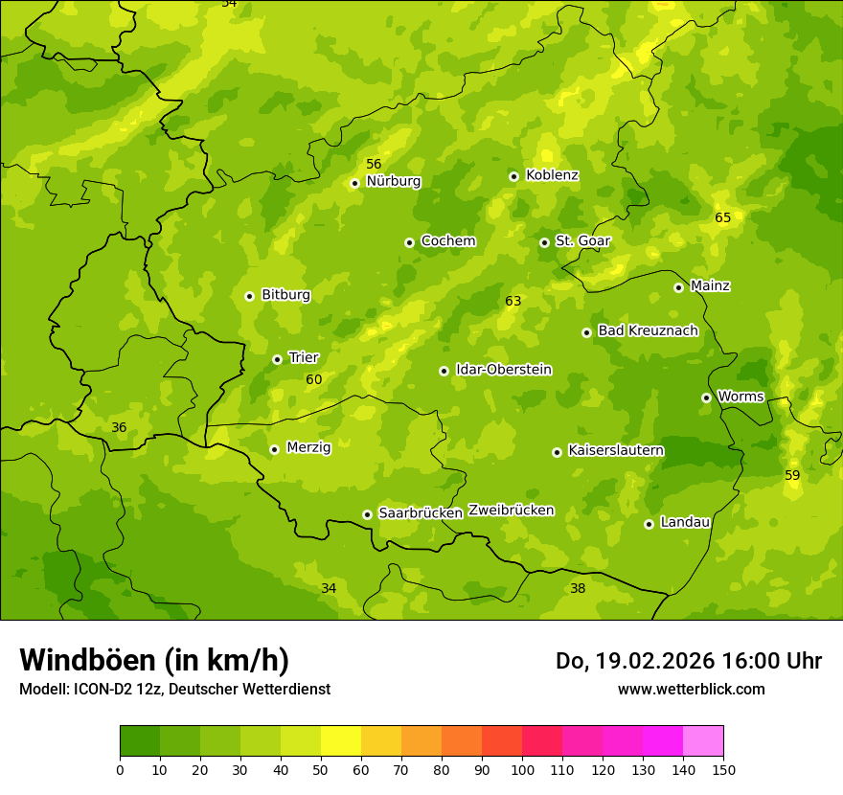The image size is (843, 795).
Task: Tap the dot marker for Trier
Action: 277,359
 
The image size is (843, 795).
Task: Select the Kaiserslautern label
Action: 616,450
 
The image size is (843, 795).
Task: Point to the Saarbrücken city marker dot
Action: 367,514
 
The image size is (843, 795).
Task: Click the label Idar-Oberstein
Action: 504,370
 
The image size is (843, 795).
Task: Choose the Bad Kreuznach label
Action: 648,330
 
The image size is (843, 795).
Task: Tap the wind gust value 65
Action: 722,218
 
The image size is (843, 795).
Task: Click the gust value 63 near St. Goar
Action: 513,302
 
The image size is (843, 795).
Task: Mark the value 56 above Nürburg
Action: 374,165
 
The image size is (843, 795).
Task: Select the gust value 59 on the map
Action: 792,476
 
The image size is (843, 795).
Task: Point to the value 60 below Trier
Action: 314,380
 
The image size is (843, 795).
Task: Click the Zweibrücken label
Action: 511,511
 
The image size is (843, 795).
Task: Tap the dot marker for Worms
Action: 706,397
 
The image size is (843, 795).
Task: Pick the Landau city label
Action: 685,522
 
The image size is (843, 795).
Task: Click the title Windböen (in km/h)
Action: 154,660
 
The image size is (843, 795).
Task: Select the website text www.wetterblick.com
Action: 691,689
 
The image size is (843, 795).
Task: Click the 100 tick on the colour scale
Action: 522,769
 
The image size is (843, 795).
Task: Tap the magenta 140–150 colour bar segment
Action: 703,741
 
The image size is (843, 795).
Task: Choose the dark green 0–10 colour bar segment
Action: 140,741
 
